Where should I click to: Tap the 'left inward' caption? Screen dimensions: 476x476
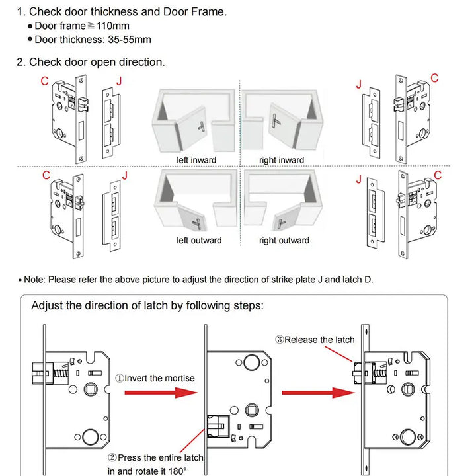click(x=196, y=160)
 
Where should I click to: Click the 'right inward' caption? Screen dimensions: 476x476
click(x=282, y=160)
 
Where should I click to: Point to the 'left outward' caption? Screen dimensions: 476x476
click(x=199, y=240)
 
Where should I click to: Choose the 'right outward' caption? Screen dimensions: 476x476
click(x=284, y=240)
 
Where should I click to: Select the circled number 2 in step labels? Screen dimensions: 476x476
click(x=112, y=457)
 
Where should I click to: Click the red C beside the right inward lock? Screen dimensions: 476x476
click(x=434, y=78)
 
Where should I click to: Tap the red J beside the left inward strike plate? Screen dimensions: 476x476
click(x=119, y=81)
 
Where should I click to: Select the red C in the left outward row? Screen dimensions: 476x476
click(x=46, y=175)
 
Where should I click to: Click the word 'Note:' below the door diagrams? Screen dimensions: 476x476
click(x=34, y=280)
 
